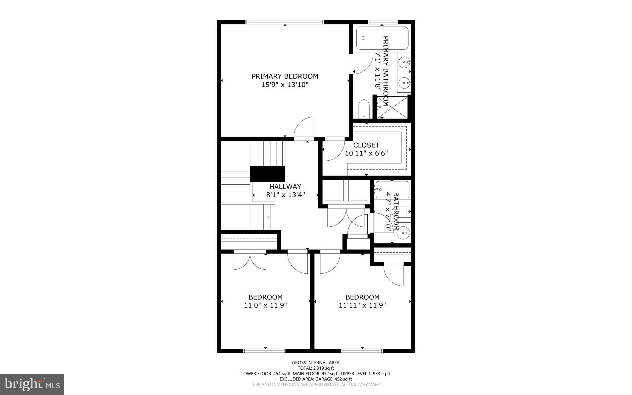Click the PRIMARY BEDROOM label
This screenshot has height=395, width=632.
285,76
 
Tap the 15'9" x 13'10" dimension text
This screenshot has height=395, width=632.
285,85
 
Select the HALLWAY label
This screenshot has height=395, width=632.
285,187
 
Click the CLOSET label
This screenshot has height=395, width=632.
366,145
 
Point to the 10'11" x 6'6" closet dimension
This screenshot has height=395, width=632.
366,153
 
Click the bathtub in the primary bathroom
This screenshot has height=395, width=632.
382,38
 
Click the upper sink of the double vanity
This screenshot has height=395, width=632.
404,63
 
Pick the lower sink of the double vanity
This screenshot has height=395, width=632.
404,82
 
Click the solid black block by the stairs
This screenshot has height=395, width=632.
267,174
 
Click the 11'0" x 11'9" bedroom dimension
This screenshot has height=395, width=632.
265,305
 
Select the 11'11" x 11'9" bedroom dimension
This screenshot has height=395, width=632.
362,305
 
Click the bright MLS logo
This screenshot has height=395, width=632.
32,384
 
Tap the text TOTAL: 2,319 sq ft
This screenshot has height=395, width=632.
316,368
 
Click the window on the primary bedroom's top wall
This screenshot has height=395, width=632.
285,22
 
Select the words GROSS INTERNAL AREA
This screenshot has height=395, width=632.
316,363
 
